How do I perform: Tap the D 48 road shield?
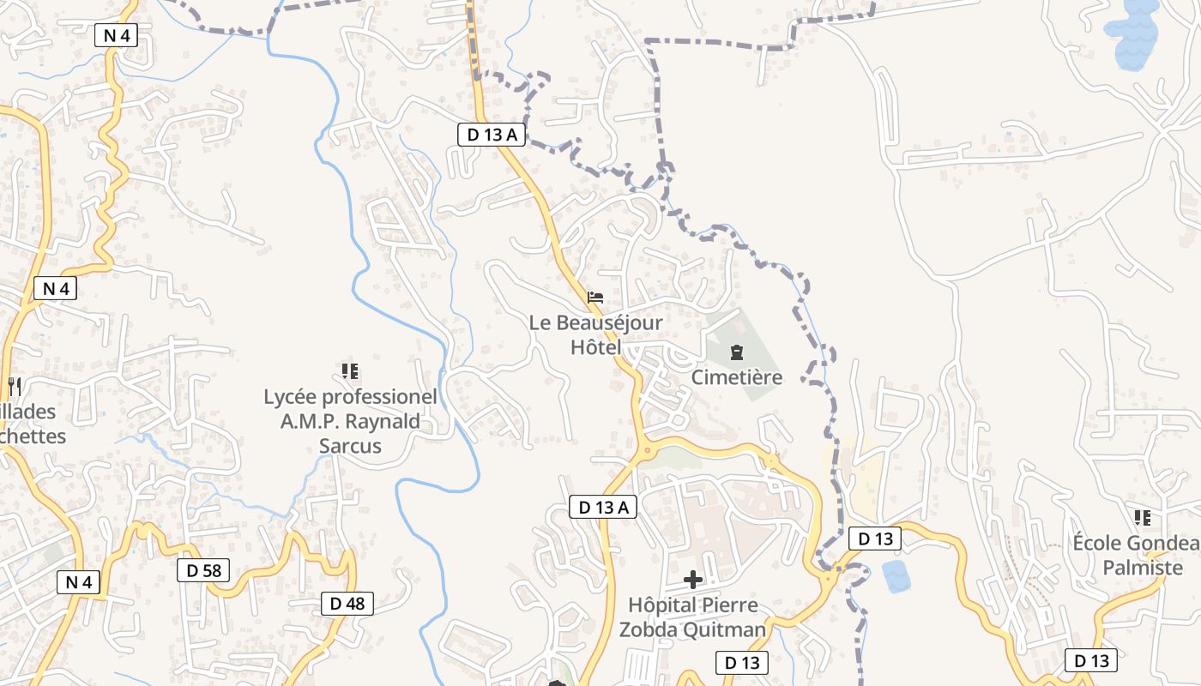pyautogui.click(x=347, y=604)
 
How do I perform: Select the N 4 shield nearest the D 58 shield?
pyautogui.click(x=79, y=582)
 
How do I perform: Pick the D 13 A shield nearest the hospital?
pyautogui.click(x=604, y=507)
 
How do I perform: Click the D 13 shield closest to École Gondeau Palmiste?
pyautogui.click(x=1091, y=660)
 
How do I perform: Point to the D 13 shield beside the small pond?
pyautogui.click(x=875, y=539)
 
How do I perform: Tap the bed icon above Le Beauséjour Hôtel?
pyautogui.click(x=595, y=298)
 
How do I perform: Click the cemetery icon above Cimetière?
pyautogui.click(x=736, y=352)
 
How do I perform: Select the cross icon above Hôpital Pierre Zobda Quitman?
pyautogui.click(x=692, y=580)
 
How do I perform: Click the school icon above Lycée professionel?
pyautogui.click(x=349, y=371)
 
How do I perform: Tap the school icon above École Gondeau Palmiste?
pyautogui.click(x=1142, y=518)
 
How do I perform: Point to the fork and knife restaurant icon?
pyautogui.click(x=13, y=386)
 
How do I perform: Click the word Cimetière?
pyautogui.click(x=737, y=377)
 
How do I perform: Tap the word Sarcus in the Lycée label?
pyautogui.click(x=350, y=446)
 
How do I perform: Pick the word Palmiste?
pyautogui.click(x=1142, y=568)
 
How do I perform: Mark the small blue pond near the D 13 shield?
pyautogui.click(x=896, y=576)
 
